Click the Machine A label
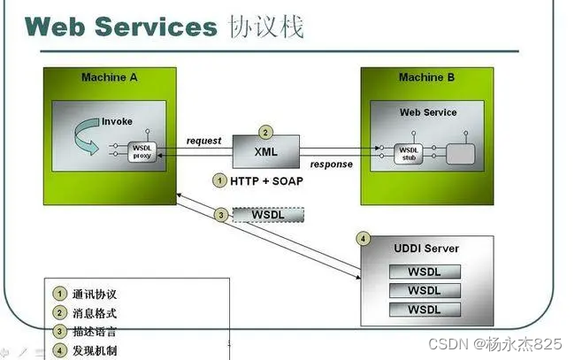(109, 78)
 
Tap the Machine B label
(426, 78)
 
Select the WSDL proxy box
(142, 151)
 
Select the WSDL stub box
(409, 152)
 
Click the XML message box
(265, 152)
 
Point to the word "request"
(203, 141)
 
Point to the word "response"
(331, 165)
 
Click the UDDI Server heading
(426, 249)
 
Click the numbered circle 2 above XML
(265, 131)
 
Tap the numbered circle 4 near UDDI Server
(362, 239)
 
